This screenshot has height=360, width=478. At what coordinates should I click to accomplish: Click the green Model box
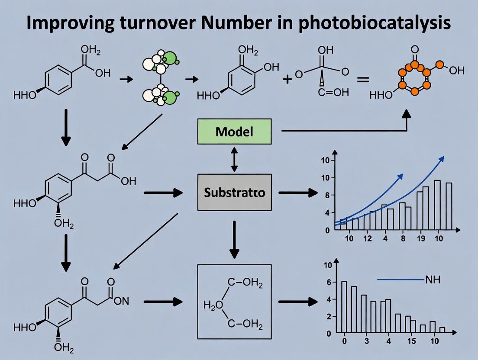click(x=234, y=132)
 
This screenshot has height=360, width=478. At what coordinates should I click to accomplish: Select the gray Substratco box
click(x=234, y=192)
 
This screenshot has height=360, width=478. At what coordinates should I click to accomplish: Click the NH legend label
click(x=433, y=280)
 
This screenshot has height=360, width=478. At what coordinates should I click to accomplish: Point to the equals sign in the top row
click(x=362, y=80)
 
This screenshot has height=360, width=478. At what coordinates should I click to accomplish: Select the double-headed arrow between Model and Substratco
click(x=234, y=159)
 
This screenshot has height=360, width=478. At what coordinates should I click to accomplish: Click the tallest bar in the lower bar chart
click(x=344, y=307)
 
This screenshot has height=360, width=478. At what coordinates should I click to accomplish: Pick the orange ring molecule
click(x=415, y=78)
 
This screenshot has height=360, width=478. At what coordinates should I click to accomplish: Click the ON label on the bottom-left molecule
click(x=121, y=302)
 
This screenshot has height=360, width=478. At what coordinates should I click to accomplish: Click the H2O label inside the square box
click(x=213, y=305)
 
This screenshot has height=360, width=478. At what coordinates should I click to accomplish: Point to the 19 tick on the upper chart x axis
click(x=419, y=238)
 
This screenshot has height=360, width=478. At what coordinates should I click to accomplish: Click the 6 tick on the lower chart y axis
click(x=329, y=282)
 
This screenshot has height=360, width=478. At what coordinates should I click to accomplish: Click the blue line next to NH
click(x=399, y=280)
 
